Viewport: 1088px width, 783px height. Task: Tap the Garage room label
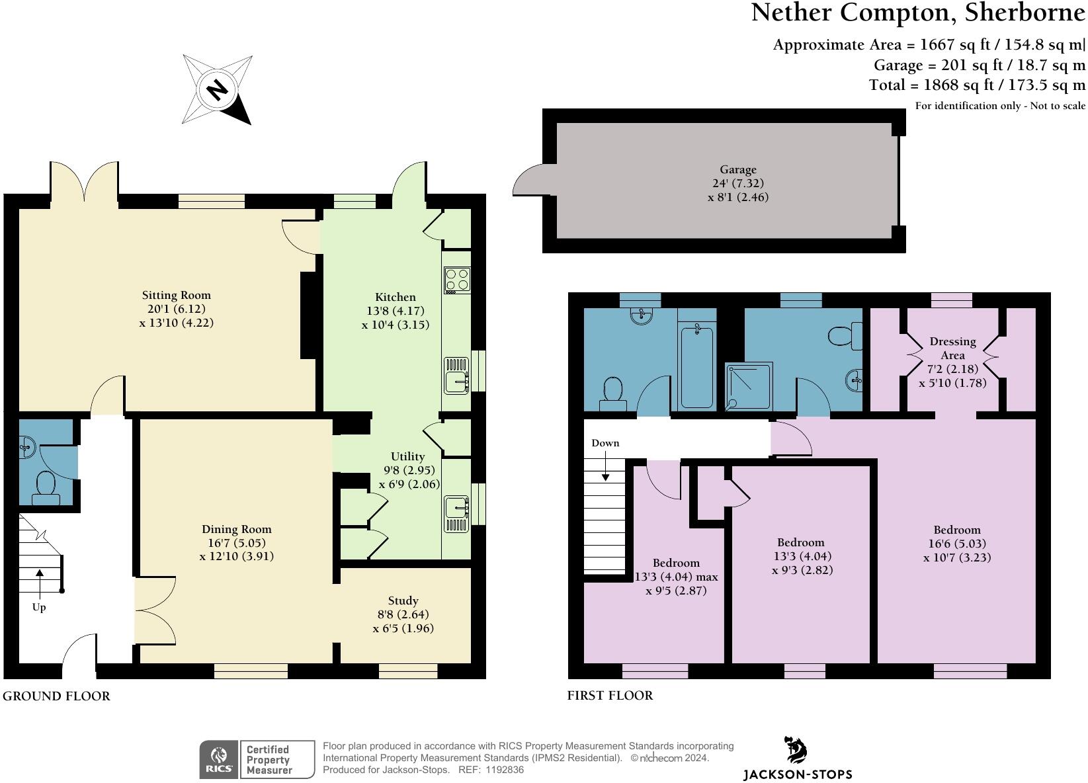tap(737, 170)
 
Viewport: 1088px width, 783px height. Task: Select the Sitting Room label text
tap(177, 296)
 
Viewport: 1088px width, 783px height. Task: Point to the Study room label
tap(403, 600)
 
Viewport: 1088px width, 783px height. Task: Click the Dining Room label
tap(237, 529)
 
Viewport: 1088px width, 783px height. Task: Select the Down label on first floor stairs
tap(605, 443)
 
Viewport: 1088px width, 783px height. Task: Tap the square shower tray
tap(749, 386)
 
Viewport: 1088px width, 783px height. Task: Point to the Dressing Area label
tap(952, 348)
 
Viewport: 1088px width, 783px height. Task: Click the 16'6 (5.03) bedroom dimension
tap(957, 544)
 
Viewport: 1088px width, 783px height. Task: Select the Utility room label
tap(407, 456)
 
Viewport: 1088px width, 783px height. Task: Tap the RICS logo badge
tap(220, 759)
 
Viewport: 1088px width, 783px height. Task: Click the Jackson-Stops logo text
tap(798, 774)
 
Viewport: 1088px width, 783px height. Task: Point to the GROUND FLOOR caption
tap(56, 696)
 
